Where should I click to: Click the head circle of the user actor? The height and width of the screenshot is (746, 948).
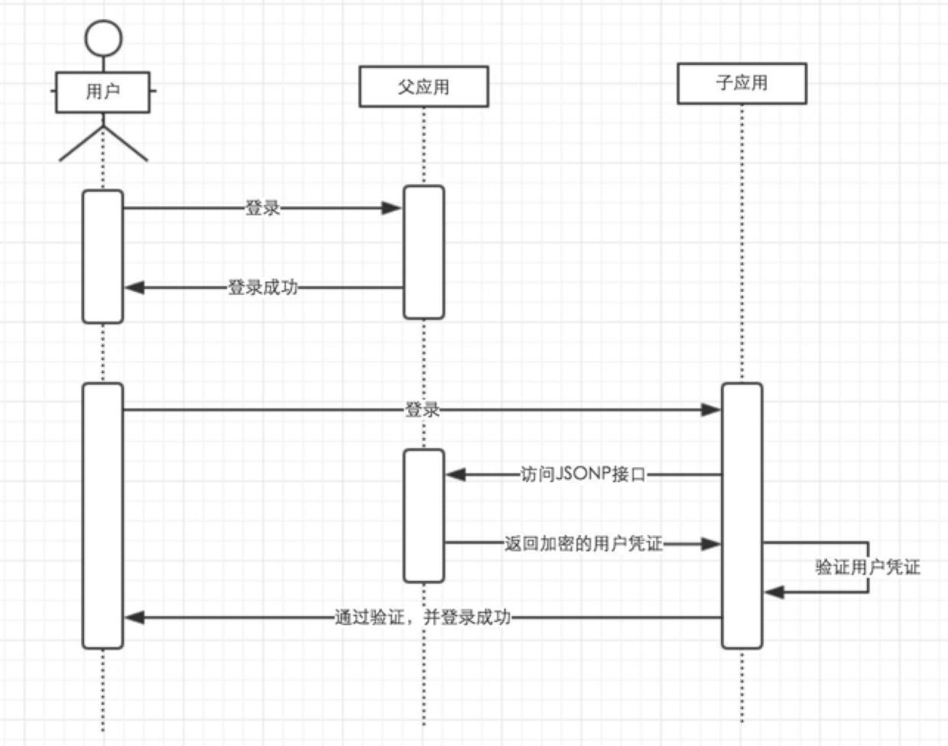(x=102, y=37)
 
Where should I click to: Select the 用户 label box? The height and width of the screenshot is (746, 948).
(x=102, y=92)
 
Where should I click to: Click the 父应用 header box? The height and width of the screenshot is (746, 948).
(x=424, y=86)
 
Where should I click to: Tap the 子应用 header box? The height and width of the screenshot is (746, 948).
(x=741, y=83)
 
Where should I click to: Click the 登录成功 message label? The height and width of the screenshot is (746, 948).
(x=262, y=288)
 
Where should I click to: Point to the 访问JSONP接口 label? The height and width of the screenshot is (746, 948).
(x=583, y=475)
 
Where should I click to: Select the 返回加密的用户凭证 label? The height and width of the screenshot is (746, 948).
(x=583, y=544)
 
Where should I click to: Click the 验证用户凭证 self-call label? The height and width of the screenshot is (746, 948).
(x=867, y=567)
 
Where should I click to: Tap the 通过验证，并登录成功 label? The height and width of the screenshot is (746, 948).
(x=422, y=618)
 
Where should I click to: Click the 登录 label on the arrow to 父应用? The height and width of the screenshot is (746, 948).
(x=262, y=208)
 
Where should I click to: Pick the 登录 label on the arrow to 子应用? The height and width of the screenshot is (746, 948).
(x=422, y=410)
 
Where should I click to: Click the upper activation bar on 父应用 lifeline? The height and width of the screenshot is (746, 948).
(x=424, y=252)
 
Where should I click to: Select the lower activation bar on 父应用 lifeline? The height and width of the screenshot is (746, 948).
(x=424, y=516)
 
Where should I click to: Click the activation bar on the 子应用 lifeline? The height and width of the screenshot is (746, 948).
(x=742, y=516)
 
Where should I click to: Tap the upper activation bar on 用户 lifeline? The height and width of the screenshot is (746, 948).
(x=102, y=257)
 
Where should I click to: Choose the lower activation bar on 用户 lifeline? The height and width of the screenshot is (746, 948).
(x=102, y=516)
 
